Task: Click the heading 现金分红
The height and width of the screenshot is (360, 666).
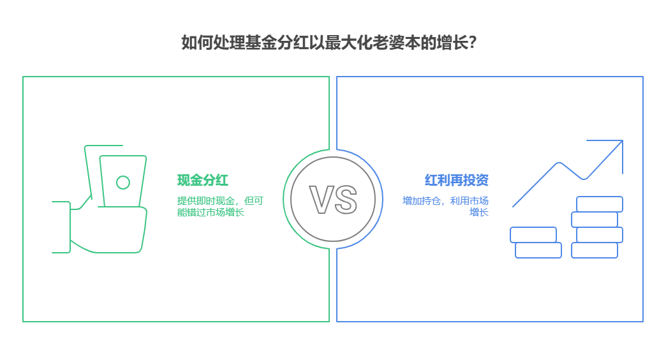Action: (x=202, y=180)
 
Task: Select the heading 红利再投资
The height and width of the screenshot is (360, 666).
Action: (x=456, y=180)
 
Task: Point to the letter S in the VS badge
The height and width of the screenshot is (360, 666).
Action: (x=345, y=199)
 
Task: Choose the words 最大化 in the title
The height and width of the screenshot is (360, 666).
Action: (x=337, y=43)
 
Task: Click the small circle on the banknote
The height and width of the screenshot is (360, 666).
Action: (x=122, y=183)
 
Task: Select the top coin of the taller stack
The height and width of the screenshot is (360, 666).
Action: (x=600, y=204)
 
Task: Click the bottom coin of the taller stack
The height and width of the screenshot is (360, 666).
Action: (x=595, y=250)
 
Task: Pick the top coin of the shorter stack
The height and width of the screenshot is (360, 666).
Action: (x=533, y=235)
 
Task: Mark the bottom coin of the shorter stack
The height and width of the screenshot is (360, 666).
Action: (x=538, y=250)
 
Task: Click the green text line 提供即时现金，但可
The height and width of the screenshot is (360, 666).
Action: (x=220, y=200)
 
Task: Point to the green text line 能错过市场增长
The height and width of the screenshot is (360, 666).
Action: (x=211, y=212)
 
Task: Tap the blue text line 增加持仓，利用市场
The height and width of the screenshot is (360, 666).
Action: (x=445, y=200)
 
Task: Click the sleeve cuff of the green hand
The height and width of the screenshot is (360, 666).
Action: (x=61, y=227)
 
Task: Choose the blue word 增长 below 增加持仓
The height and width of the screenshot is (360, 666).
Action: (x=479, y=212)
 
